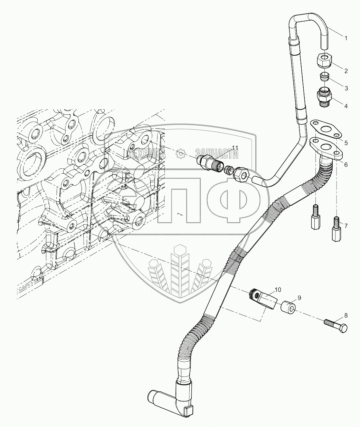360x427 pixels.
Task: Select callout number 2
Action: coord(345,71)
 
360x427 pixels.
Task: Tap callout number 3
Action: coord(345,89)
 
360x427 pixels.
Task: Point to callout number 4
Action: coord(345,106)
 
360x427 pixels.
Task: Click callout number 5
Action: coord(345,142)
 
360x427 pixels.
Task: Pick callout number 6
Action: coord(345,165)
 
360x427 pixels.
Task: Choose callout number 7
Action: coord(345,225)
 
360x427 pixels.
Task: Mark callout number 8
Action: coord(345,315)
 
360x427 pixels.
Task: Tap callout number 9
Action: coord(299,297)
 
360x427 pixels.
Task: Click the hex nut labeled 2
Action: coord(324,61)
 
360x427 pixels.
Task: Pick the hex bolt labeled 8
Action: coord(336,325)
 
